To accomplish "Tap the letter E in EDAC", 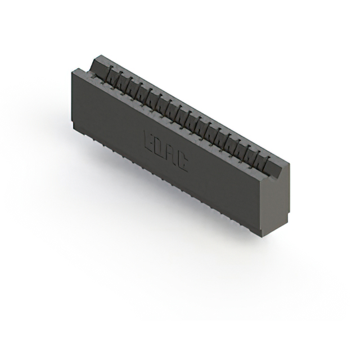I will click(150, 141).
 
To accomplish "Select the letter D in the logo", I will click(161, 148).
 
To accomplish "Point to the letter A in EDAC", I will click(172, 155).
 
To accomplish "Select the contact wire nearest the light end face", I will click(261, 161).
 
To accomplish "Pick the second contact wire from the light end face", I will click(253, 156).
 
